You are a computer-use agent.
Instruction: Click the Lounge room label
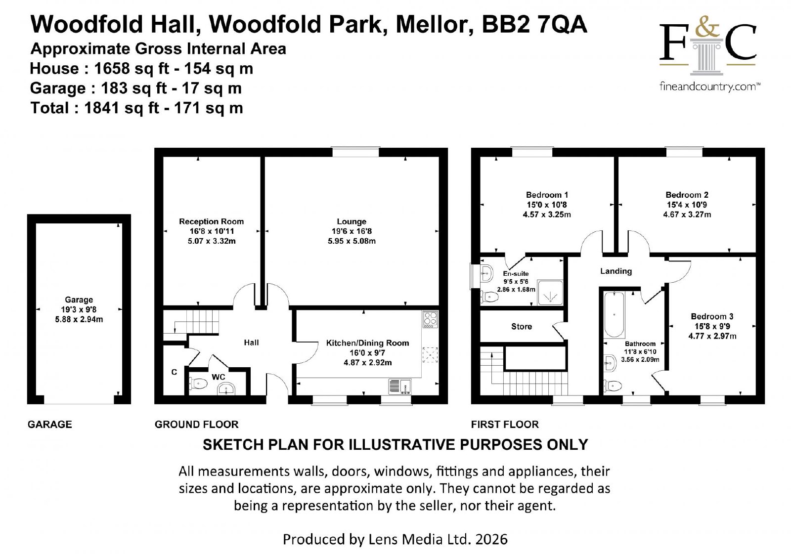(352, 221)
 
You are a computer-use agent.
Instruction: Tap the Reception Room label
(211, 221)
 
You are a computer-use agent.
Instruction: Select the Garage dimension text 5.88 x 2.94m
(79, 320)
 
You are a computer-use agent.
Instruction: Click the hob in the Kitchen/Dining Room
(430, 320)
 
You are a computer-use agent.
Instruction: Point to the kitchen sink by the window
(400, 387)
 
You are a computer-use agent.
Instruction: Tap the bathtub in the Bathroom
(614, 315)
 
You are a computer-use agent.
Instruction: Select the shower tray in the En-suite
(550, 293)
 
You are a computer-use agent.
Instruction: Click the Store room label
(522, 327)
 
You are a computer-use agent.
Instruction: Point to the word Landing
(616, 271)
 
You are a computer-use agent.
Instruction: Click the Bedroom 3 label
(712, 316)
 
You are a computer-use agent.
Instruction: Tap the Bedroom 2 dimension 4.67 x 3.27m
(687, 215)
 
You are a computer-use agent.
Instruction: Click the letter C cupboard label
(174, 372)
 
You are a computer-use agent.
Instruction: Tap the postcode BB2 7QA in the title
(534, 25)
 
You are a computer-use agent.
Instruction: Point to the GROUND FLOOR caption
(196, 424)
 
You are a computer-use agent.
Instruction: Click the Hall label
(251, 343)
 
